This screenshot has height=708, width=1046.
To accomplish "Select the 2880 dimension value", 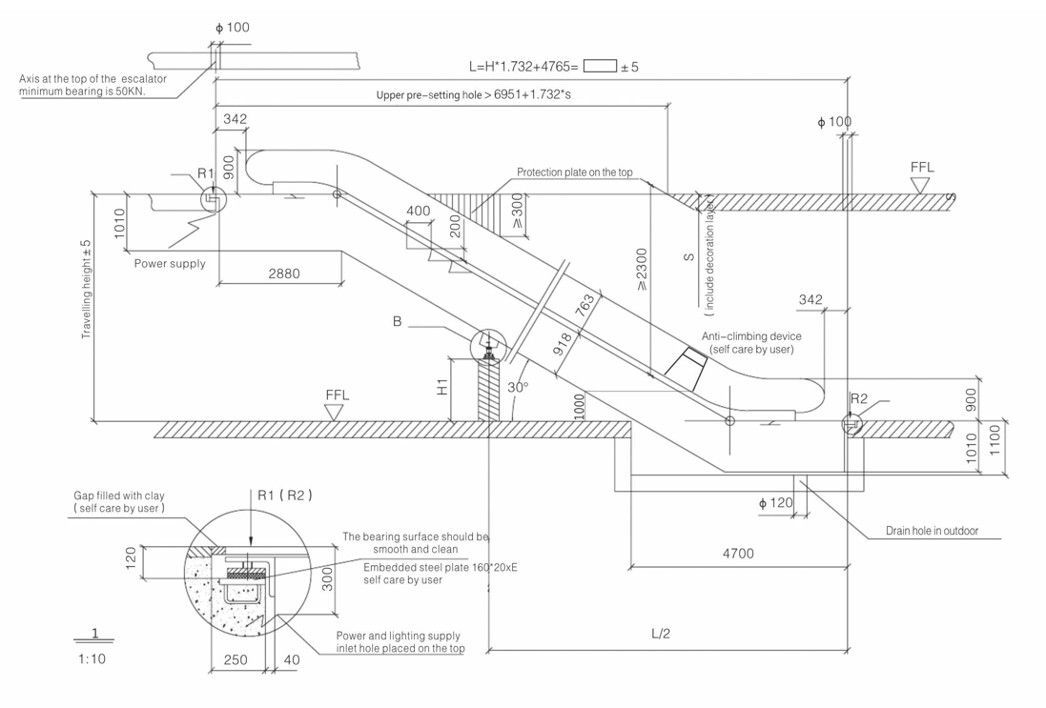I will (283, 273).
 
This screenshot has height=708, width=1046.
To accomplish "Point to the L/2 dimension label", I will (661, 634).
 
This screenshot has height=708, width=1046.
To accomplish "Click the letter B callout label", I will (397, 322).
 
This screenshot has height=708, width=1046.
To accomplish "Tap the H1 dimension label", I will (441, 387).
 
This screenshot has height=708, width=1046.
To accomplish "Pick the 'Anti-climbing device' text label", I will (751, 336).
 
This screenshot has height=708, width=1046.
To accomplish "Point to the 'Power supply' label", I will (169, 263).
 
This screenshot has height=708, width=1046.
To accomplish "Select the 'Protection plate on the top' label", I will (575, 172).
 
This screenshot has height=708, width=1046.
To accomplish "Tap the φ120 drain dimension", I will (775, 502).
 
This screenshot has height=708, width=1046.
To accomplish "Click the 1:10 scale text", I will (92, 657).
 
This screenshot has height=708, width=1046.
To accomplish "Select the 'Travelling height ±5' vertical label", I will (87, 289).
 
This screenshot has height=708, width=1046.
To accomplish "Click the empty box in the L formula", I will (601, 67).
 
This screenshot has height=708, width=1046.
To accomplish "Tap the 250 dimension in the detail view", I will (236, 659).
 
